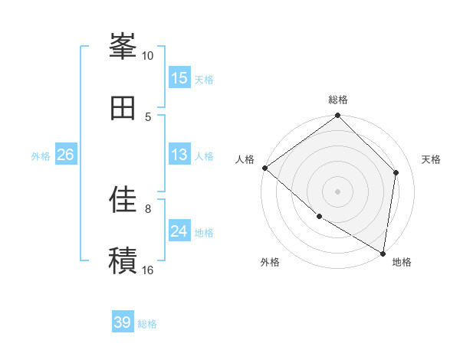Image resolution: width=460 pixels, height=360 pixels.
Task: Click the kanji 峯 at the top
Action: click(x=123, y=47)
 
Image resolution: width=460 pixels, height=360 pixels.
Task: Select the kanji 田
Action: click(x=123, y=108)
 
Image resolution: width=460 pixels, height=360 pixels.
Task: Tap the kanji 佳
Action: click(x=123, y=200)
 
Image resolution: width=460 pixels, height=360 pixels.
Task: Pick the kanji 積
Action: click(x=123, y=260)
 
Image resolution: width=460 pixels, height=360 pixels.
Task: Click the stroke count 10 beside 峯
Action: click(x=148, y=56)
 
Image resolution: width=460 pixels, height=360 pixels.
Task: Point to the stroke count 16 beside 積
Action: click(x=148, y=270)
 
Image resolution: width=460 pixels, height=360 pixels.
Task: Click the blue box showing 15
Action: click(x=179, y=78)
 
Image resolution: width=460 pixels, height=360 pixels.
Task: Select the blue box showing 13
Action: click(x=179, y=155)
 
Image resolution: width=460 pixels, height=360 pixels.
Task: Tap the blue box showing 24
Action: click(x=179, y=231)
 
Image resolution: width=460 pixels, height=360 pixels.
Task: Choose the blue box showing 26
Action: click(x=66, y=155)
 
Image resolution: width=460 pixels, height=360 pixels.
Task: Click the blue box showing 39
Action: click(x=123, y=322)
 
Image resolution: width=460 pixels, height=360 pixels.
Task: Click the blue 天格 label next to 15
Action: click(x=204, y=80)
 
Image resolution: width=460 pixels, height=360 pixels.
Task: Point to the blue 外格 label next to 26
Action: click(x=41, y=156)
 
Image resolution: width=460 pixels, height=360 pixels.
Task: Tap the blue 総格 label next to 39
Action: click(x=147, y=324)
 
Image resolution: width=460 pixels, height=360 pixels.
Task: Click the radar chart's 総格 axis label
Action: click(x=338, y=100)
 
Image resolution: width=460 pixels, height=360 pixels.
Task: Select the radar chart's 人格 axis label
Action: click(x=245, y=159)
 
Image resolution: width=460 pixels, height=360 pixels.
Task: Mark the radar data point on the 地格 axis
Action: click(x=383, y=252)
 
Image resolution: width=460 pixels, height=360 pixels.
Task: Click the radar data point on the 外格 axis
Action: click(x=319, y=217)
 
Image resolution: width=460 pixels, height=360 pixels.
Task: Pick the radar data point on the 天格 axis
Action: click(x=396, y=172)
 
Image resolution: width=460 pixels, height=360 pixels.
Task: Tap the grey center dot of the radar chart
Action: click(x=338, y=191)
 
